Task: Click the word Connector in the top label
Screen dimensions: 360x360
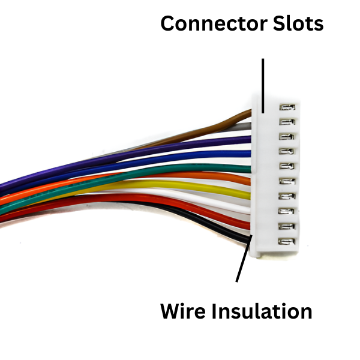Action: (206, 23)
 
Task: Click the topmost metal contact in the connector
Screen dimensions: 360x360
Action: (287, 108)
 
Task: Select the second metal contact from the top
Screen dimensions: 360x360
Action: (287, 122)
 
